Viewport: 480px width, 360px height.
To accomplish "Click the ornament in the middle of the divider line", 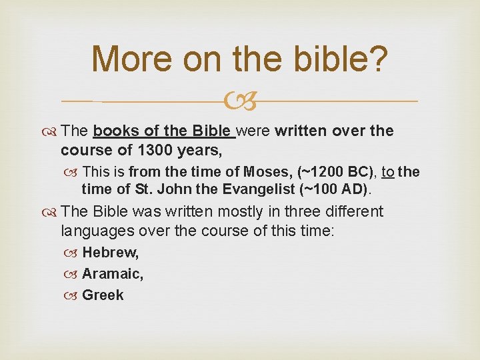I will (240, 102).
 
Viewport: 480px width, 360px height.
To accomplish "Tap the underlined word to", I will (387, 172).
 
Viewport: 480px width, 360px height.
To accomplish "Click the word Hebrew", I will (110, 253).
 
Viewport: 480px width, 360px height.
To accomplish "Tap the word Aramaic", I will (113, 274).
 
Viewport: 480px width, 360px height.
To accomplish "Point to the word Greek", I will (103, 295).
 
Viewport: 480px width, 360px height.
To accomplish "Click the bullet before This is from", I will (73, 173).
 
